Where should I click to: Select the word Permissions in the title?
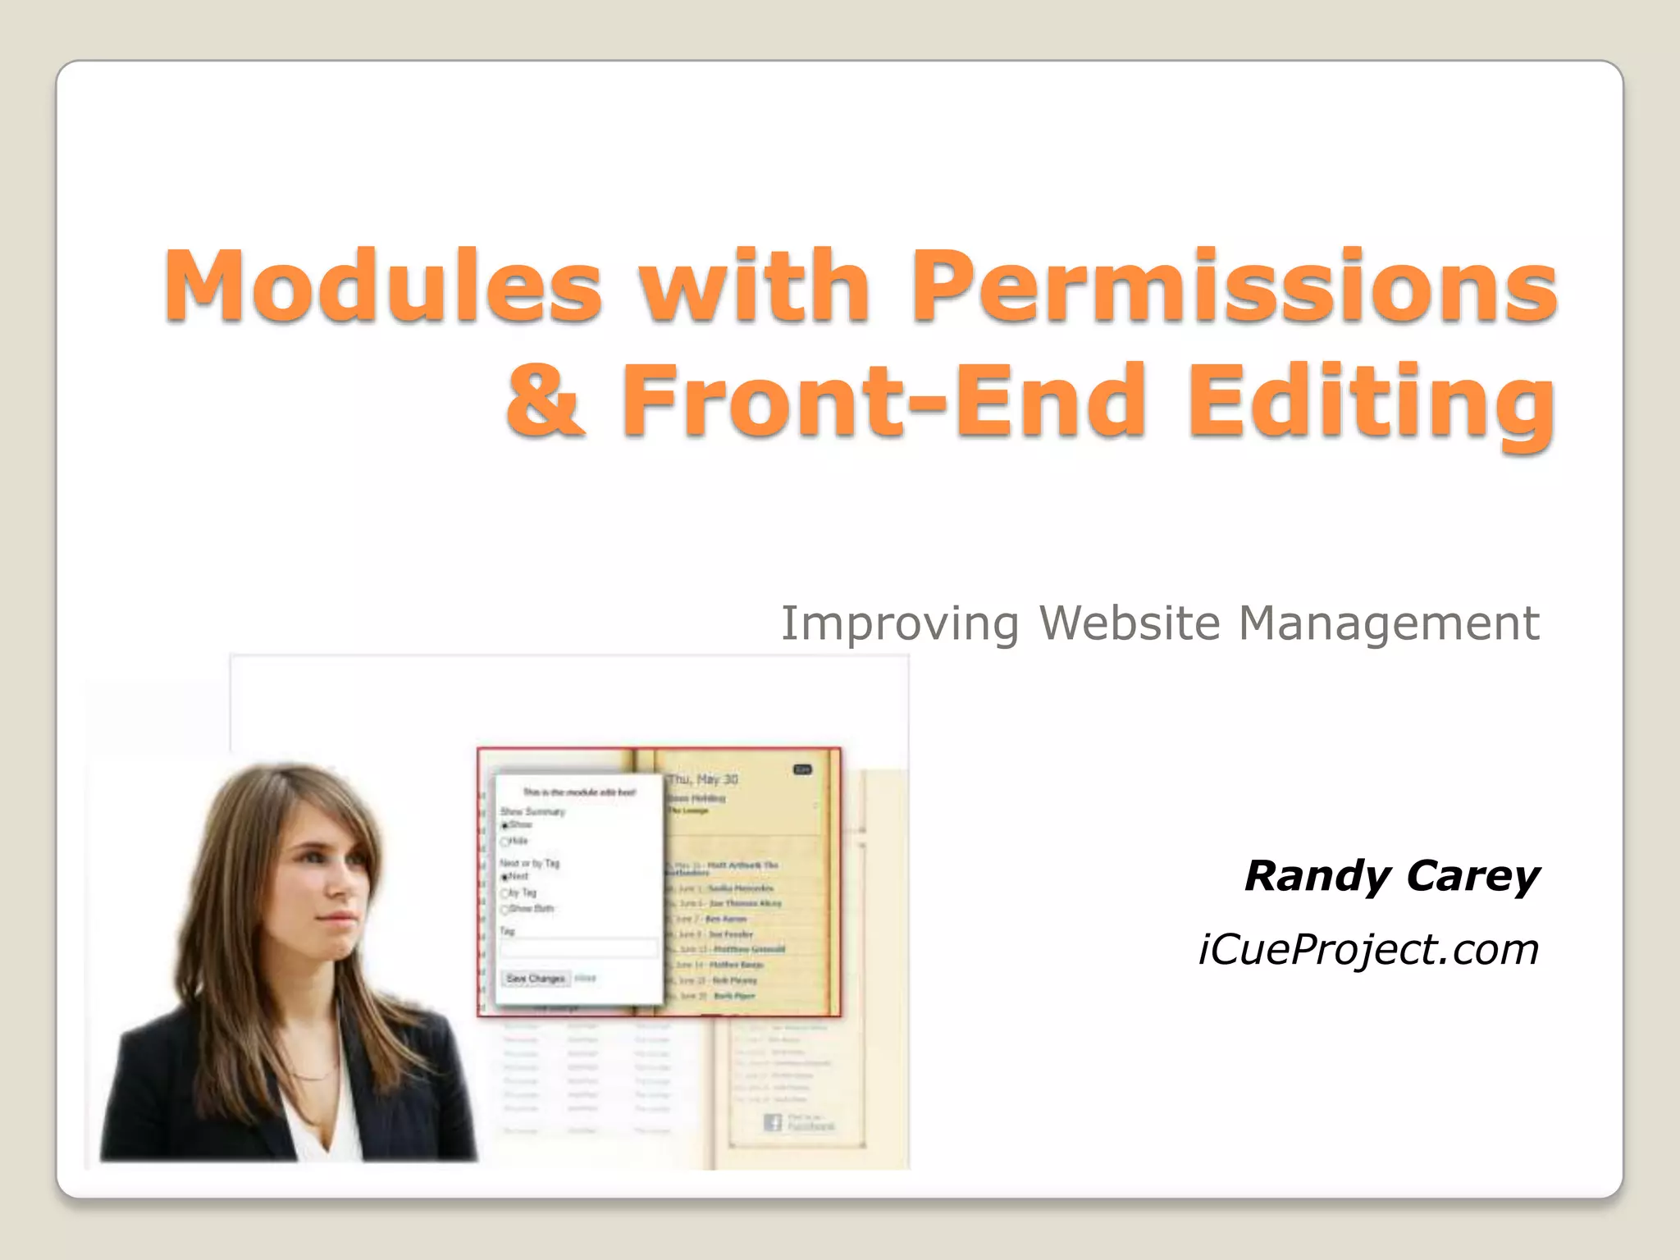[1234, 287]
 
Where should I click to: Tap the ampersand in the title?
[546, 402]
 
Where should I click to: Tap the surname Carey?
[1472, 876]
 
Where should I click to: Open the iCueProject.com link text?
[1368, 950]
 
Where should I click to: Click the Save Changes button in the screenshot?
[536, 979]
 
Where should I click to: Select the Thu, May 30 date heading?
[702, 779]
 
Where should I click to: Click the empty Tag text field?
[578, 949]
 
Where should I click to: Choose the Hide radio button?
[505, 842]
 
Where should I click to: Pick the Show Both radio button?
[505, 909]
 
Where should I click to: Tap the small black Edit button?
[802, 769]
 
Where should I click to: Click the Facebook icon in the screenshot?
[772, 1121]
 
